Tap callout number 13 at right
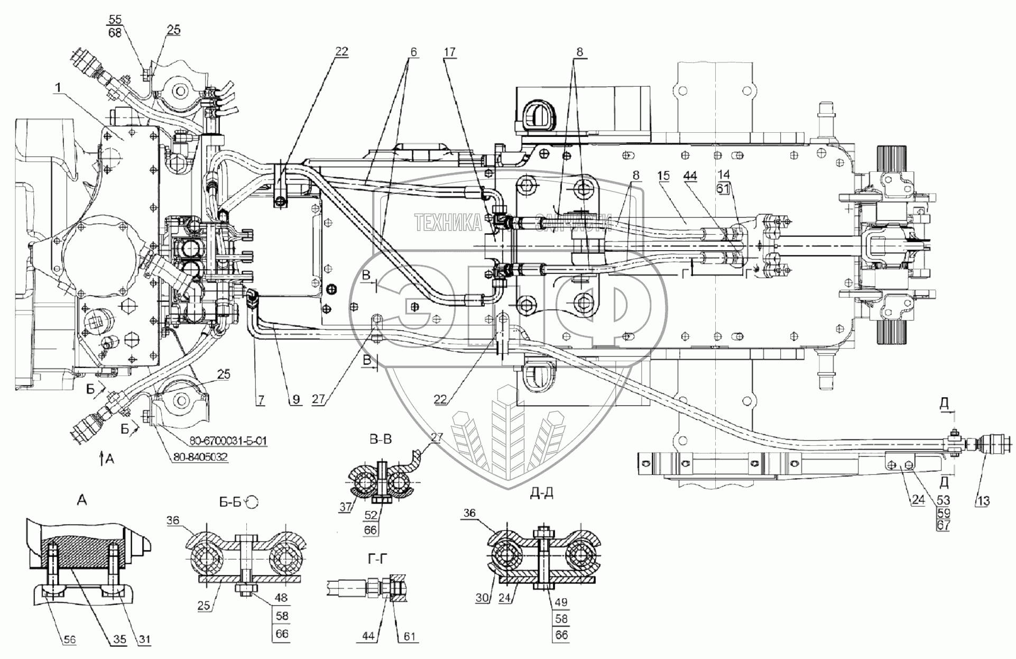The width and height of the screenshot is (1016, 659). click(983, 500)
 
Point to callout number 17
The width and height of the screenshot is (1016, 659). click(450, 52)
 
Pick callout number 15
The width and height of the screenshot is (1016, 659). click(664, 175)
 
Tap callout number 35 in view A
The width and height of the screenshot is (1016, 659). click(118, 640)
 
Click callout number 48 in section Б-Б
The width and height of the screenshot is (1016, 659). click(281, 598)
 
